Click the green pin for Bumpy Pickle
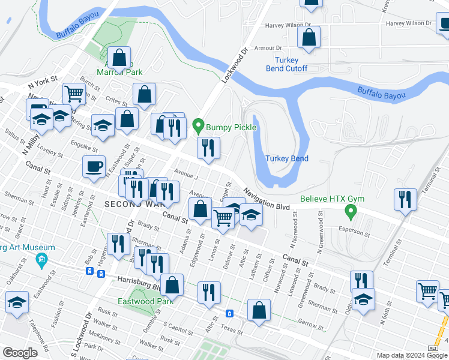pos(199,127)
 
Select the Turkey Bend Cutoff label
pos(286,64)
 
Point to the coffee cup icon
pos(94,166)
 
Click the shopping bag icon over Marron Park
pos(120,58)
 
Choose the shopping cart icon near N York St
pos(74,94)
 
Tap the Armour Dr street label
pos(268,48)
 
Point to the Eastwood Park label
pos(137,301)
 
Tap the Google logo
pos(20,353)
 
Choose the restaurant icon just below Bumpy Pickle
pos(208,148)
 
